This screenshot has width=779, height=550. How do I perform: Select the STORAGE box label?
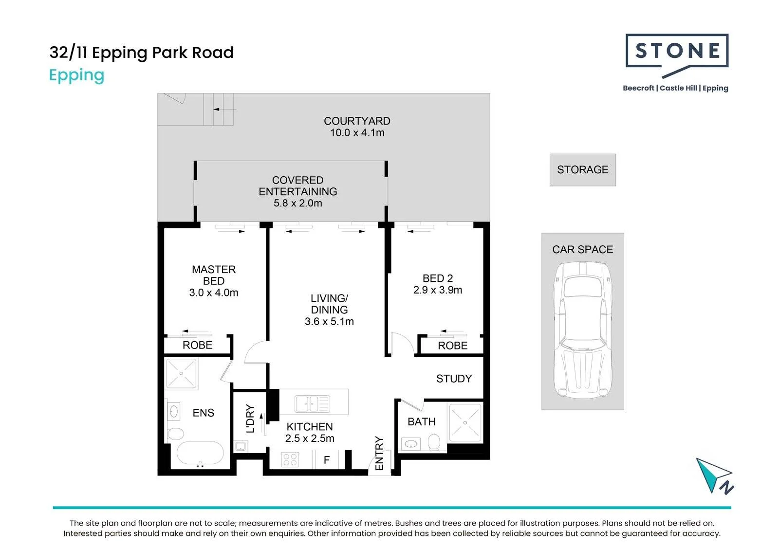coord(582,170)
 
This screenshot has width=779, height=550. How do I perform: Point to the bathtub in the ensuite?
coord(200,453)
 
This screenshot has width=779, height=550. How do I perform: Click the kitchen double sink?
coord(312,404)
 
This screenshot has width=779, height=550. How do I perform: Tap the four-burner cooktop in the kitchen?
coord(290,459)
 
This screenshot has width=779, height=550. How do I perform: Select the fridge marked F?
coord(327,460)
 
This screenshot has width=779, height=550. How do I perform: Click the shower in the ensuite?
coord(181,374)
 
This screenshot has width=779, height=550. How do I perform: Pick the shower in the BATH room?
coord(465,423)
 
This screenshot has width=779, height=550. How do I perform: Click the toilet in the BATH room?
coord(434,442)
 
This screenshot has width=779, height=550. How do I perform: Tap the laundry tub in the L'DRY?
coord(241,446)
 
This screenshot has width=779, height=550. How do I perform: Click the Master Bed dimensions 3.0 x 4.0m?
coord(214,293)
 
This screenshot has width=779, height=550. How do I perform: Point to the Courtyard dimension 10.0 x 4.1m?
coord(357,133)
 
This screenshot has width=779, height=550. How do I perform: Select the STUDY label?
coord(454,379)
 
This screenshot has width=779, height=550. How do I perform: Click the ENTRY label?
coord(379,453)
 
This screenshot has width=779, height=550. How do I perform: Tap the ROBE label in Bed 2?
coord(452,346)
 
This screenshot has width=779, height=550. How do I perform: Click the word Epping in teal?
coord(76,75)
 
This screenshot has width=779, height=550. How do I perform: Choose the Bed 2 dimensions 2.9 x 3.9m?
coord(438,290)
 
